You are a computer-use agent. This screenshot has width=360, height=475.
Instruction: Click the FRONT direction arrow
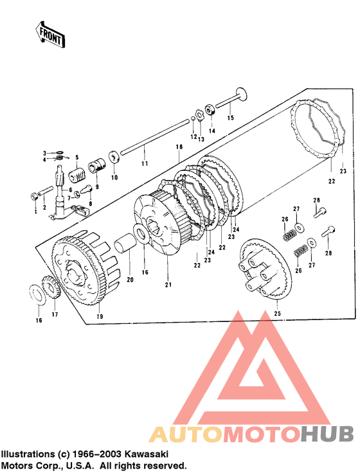tap(50, 34)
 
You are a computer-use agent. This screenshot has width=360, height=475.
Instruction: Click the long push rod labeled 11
tap(155, 137)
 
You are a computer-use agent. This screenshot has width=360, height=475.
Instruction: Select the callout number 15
tap(231, 117)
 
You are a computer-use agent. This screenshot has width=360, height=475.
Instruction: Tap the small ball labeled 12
tap(193, 118)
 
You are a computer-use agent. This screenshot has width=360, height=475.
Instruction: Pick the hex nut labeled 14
tap(210, 109)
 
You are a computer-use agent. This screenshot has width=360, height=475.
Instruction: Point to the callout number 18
tap(179, 147)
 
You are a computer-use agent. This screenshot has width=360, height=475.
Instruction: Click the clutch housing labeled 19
tap(85, 267)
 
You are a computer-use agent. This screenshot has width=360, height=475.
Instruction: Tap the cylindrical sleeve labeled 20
tap(125, 242)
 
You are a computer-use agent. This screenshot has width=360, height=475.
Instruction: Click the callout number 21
tap(168, 285)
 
